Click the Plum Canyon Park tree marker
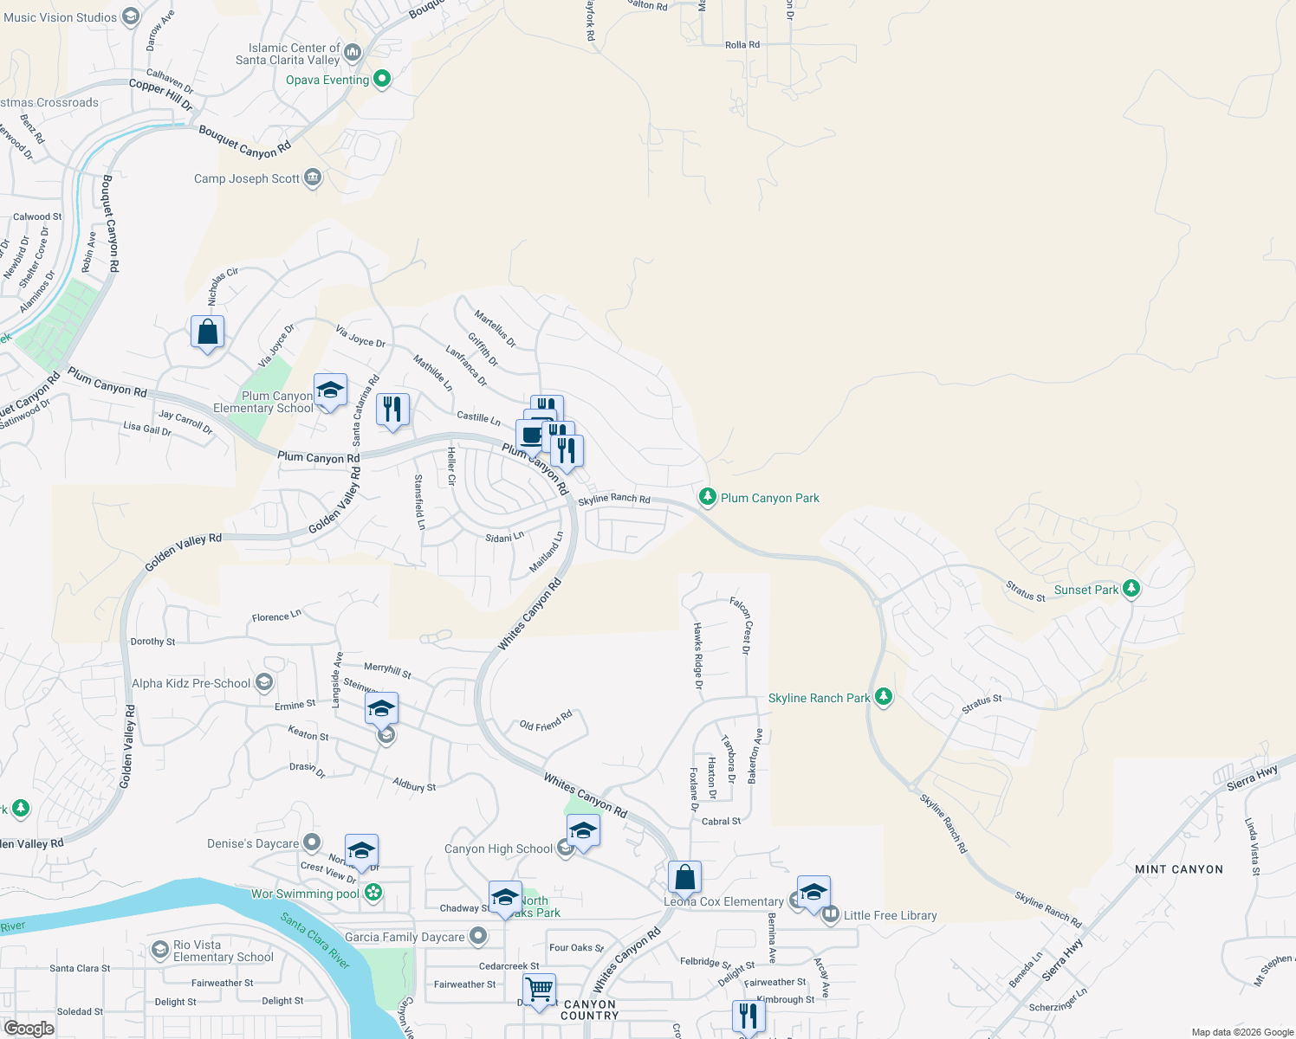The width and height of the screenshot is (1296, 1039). click(708, 496)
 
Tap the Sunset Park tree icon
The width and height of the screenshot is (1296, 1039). click(1131, 589)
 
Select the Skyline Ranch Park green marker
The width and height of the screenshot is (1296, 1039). click(883, 696)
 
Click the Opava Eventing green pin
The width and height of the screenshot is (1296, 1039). click(381, 80)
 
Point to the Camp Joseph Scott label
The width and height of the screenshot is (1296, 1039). click(247, 179)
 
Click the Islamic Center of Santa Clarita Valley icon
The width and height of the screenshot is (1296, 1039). click(353, 53)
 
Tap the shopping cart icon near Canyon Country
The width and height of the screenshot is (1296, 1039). click(539, 989)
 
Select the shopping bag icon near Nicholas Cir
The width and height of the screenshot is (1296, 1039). click(208, 332)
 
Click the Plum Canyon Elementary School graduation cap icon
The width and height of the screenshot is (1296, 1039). click(330, 390)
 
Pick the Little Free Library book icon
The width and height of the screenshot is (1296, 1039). click(830, 914)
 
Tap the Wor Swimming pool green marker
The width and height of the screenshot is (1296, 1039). click(373, 893)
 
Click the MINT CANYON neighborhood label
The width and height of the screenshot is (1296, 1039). click(1178, 869)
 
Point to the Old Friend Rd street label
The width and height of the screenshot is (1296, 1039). click(546, 720)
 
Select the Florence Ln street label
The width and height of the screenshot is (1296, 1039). click(276, 616)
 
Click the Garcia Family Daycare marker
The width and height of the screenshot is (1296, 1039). click(478, 936)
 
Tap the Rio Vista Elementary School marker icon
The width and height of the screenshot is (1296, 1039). click(159, 950)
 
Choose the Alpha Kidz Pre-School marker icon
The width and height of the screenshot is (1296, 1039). click(264, 682)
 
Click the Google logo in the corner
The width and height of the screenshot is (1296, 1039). click(29, 1028)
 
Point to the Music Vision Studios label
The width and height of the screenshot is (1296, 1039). click(60, 17)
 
